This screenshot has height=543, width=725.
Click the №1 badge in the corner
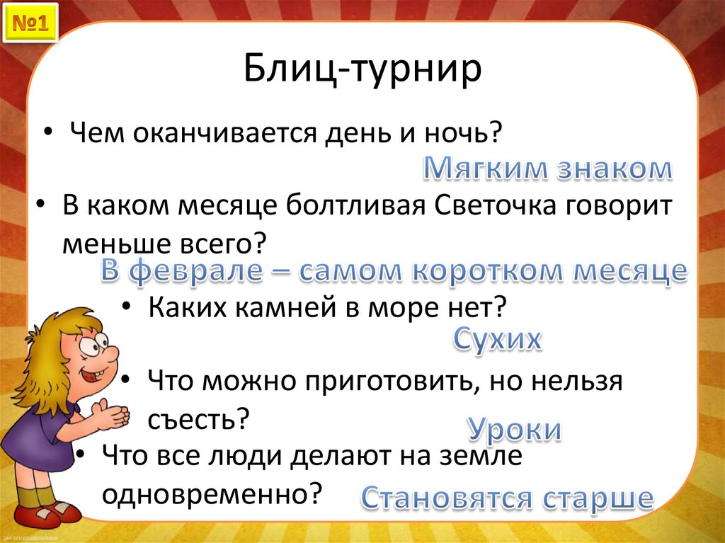pyautogui.click(x=29, y=25)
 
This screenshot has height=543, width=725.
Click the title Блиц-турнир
pyautogui.click(x=362, y=71)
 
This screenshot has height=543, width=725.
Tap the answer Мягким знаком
pyautogui.click(x=547, y=169)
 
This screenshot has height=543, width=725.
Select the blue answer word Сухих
pyautogui.click(x=497, y=339)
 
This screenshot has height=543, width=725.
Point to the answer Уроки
pyautogui.click(x=514, y=430)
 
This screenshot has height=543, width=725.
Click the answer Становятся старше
pyautogui.click(x=506, y=498)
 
